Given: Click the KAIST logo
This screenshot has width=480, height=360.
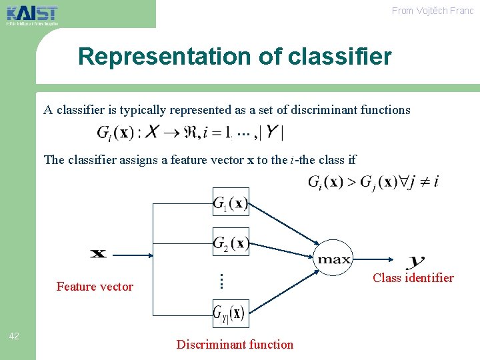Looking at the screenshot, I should (32, 14).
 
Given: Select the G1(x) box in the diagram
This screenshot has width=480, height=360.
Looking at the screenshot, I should (231, 203).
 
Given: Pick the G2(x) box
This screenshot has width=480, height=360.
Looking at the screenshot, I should (231, 243).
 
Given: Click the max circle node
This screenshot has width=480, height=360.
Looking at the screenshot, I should (333, 259).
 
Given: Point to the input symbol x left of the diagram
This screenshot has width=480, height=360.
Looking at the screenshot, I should (98, 253).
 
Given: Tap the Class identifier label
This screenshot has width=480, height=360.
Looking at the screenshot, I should (413, 278).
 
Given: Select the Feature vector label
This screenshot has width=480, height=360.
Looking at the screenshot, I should (95, 287).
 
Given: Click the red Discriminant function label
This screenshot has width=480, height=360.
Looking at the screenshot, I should (235, 345).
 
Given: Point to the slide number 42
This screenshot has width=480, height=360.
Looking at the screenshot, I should (14, 336).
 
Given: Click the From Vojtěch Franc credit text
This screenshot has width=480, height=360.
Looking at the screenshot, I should (432, 11).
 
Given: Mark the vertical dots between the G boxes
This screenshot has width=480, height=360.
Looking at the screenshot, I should (221, 281).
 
